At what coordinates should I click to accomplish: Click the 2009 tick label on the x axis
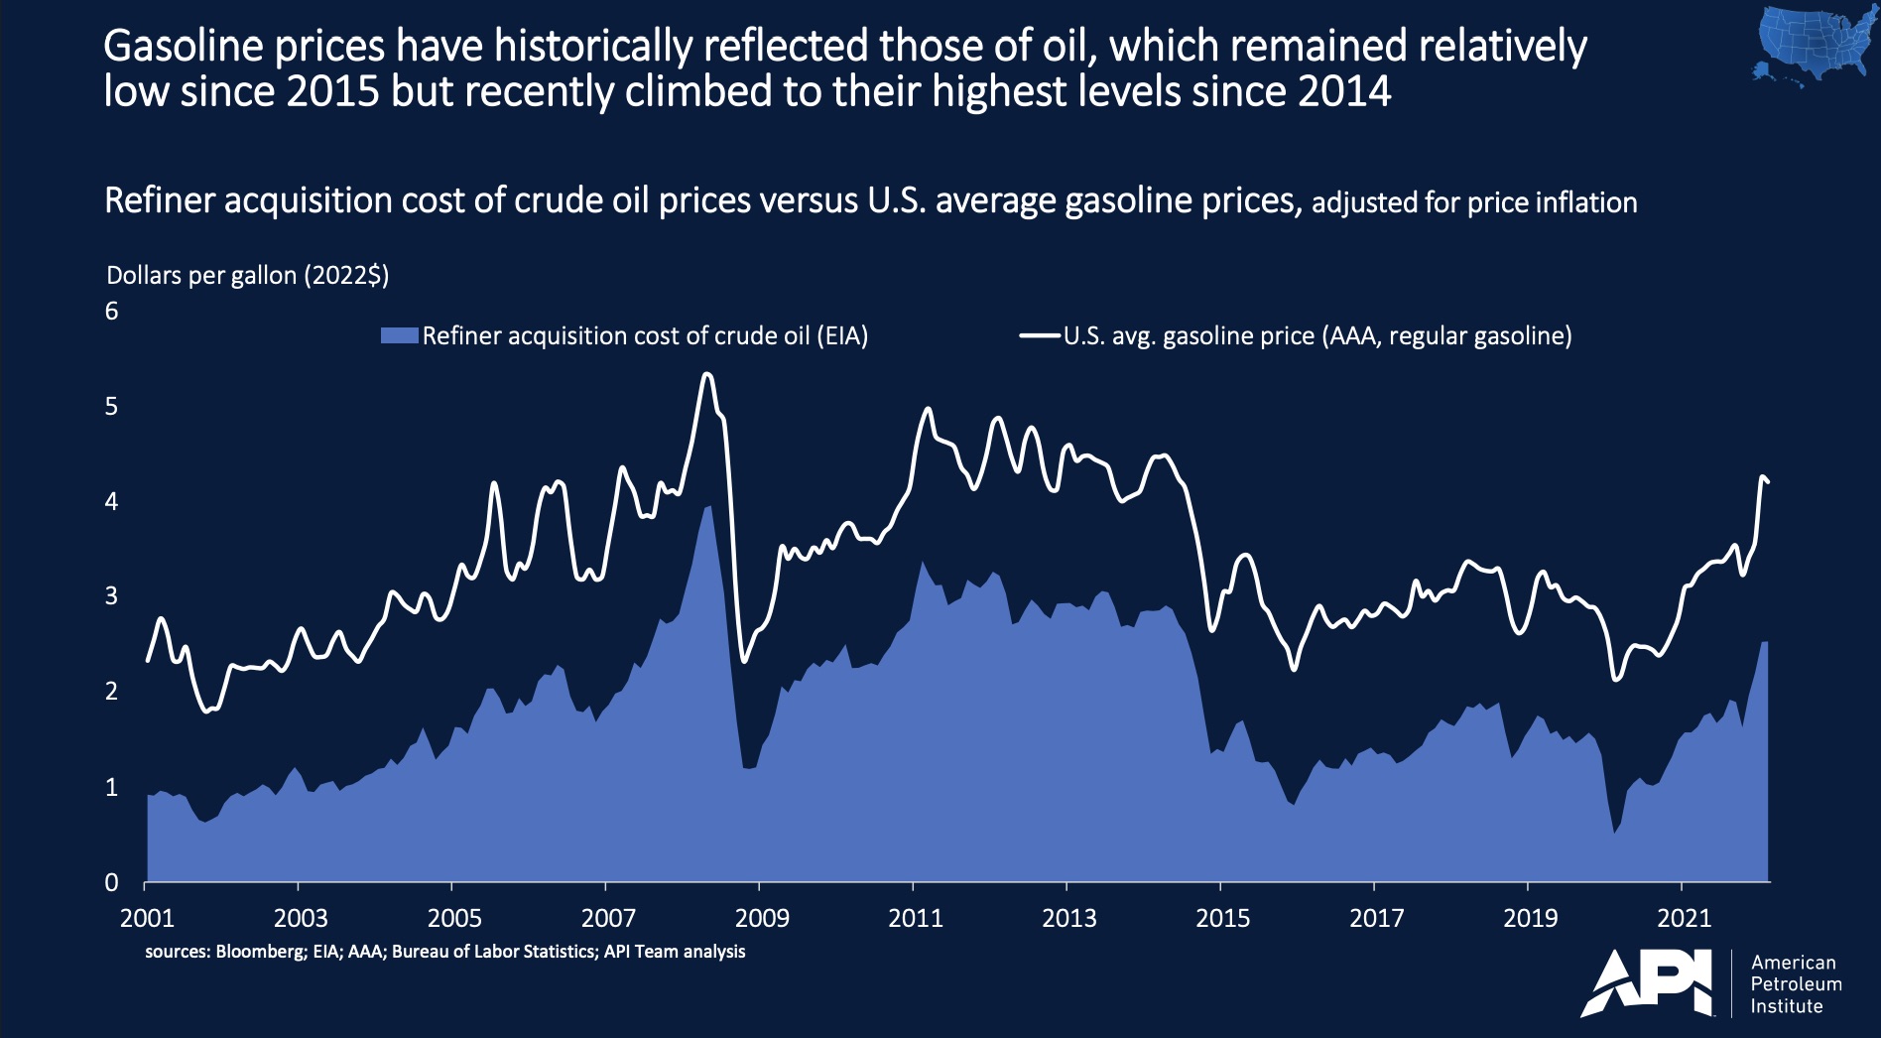762,918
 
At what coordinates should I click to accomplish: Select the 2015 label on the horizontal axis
1222,918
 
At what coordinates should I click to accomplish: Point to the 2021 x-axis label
1684,918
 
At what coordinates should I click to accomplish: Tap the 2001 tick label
147,918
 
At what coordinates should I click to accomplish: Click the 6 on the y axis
111,312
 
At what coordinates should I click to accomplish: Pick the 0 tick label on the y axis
111,882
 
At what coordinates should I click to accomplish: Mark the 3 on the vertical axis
111,596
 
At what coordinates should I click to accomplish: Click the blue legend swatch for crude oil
400,336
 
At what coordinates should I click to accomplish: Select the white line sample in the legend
1040,336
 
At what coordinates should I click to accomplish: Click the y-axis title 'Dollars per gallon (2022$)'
247,276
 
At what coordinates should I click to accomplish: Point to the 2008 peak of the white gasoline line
706,374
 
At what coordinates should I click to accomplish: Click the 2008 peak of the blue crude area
708,506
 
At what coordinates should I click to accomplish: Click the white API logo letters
1648,984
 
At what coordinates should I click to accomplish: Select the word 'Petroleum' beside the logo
1796,984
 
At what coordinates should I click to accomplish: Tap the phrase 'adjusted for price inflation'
1474,203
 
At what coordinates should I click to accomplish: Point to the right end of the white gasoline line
1768,482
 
